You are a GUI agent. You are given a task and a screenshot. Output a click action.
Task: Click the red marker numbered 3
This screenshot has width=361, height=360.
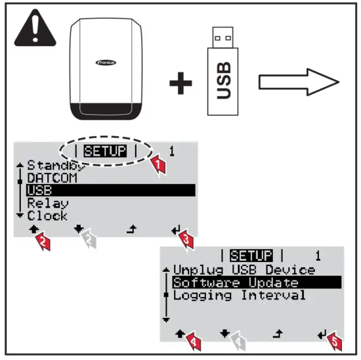[x=186, y=243]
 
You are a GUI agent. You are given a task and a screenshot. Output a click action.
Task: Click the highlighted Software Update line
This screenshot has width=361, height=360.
[x=236, y=282]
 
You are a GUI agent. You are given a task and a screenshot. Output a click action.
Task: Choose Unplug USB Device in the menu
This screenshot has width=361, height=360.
[x=244, y=270]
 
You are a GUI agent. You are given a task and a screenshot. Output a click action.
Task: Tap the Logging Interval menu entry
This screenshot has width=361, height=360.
[x=240, y=296]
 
